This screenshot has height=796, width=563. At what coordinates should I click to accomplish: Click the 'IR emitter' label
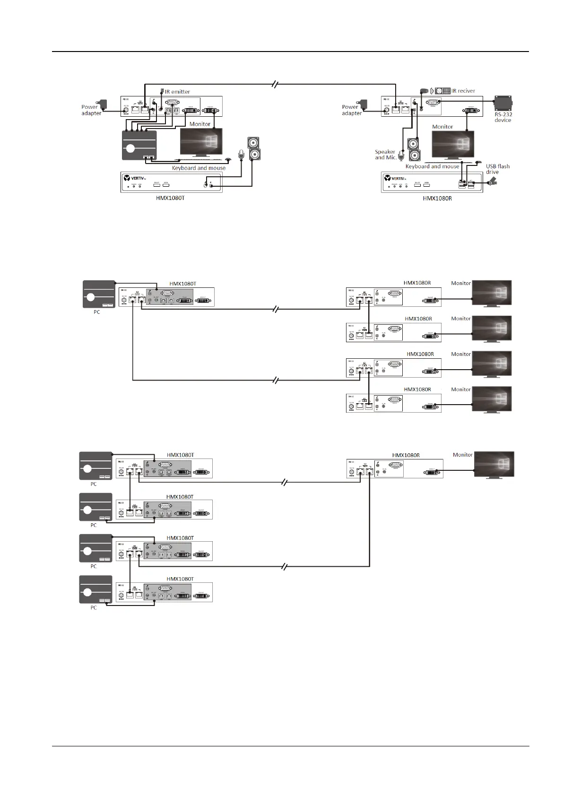pos(177,92)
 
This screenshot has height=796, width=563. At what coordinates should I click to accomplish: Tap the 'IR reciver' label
pos(463,91)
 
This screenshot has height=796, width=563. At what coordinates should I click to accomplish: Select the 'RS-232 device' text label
pos(503,117)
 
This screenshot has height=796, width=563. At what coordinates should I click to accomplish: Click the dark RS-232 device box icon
pos(503,103)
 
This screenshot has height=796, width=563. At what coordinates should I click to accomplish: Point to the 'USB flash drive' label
pos(497,169)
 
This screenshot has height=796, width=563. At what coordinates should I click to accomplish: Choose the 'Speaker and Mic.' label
pos(385,155)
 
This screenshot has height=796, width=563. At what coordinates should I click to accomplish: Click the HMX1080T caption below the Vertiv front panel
pos(170,198)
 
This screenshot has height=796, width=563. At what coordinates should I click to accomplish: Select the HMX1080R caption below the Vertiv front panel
pos(437,199)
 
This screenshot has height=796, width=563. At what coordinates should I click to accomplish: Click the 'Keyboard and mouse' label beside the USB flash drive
pos(432,166)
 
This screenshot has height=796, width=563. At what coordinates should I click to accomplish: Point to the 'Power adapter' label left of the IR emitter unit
pos(91,110)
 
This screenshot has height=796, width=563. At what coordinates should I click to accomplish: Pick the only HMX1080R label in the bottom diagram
pos(406,455)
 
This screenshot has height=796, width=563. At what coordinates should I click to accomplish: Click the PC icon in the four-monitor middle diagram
pos(99,294)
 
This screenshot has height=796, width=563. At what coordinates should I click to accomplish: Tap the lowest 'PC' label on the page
pos(94,607)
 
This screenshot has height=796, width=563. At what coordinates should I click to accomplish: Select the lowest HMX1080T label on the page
pos(180,579)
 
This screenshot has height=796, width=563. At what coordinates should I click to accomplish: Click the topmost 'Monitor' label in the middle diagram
pos(461,283)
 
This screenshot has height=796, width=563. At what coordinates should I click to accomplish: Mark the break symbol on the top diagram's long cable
pos(276,85)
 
